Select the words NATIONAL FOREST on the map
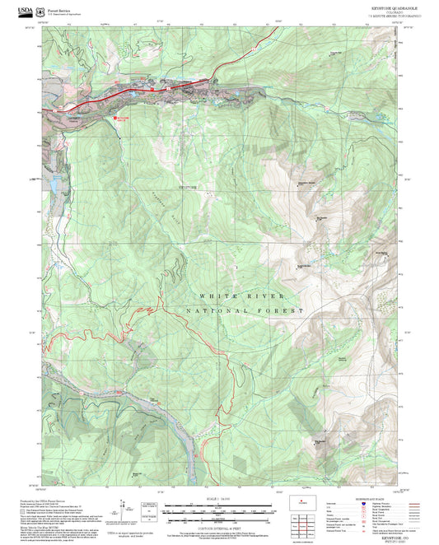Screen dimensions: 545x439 click(x=245, y=310)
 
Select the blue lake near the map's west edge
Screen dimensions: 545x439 click(x=53, y=179)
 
